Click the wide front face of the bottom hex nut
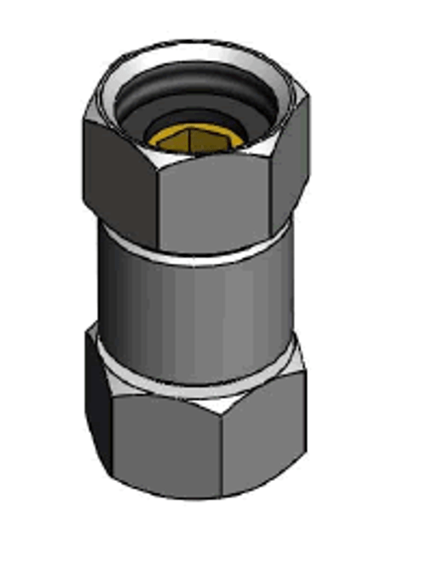[166, 448]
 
